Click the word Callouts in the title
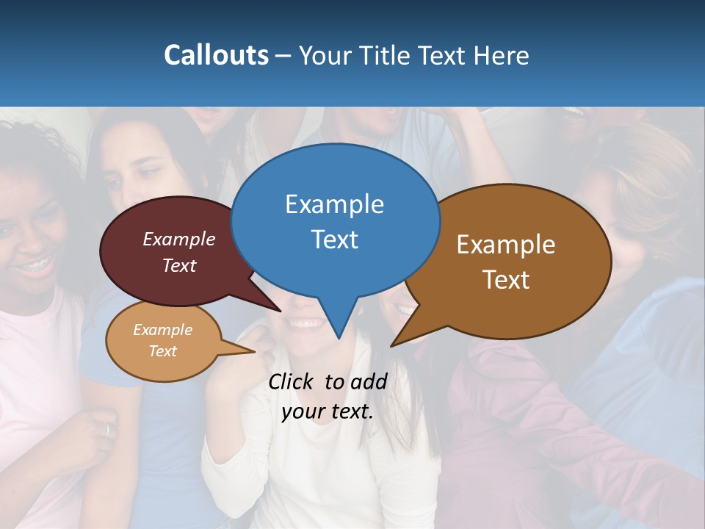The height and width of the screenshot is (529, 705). tap(216, 56)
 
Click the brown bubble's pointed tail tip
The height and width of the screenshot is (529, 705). tap(391, 345)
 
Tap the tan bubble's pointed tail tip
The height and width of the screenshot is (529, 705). tap(254, 351)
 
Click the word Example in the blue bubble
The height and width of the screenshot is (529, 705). tap(334, 204)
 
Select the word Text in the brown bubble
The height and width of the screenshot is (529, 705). tap(506, 280)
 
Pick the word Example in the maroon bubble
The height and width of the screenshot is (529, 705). tap(178, 240)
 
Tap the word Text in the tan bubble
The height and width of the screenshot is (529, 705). tap(162, 351)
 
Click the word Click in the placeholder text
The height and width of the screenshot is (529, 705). tap(292, 381)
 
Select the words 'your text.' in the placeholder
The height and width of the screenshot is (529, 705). tap(327, 411)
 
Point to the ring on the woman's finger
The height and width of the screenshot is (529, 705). tap(107, 430)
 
